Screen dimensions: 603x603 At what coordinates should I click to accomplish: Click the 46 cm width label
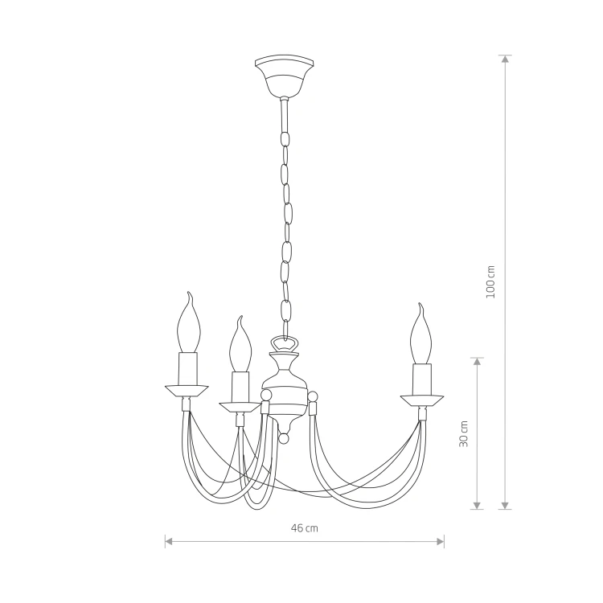[305, 528]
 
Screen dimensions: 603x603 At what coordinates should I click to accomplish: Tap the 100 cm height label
[490, 282]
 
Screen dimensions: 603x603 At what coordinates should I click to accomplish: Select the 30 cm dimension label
[464, 433]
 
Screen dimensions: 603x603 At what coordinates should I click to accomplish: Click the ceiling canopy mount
[284, 76]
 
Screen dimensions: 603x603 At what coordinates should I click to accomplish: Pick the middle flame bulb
[240, 344]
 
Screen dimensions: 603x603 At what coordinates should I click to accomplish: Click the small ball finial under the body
[284, 438]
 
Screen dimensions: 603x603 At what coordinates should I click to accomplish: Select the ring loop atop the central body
[285, 343]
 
